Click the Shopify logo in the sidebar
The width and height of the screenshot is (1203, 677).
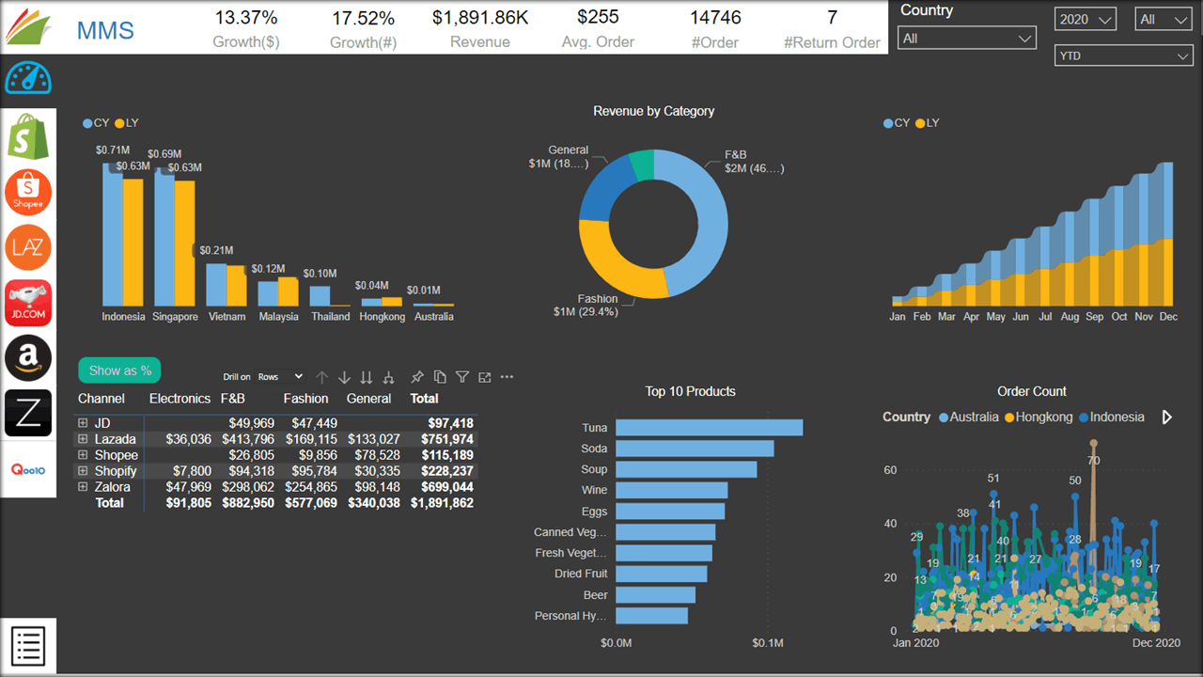28,136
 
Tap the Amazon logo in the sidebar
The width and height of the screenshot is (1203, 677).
28,358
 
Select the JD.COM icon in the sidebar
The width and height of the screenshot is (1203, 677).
28,303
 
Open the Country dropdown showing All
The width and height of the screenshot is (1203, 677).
967,39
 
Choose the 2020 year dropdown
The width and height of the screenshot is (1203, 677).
1085,19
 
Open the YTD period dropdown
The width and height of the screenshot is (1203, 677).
1123,55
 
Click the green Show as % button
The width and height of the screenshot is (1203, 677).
119,370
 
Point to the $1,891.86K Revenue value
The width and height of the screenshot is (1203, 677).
479,18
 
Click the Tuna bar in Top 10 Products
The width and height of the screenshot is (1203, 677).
709,428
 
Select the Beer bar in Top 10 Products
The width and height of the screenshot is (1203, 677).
655,595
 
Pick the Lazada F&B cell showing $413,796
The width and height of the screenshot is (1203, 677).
248,439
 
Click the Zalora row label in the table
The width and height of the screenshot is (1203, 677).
112,487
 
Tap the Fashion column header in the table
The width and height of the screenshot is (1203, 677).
305,399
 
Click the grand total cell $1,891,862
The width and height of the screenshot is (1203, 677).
442,503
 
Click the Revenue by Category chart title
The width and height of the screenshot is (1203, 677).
653,111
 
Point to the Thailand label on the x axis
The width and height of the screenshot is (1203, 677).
331,317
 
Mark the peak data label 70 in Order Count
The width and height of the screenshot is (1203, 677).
1093,460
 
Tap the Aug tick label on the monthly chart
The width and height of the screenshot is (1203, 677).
1070,317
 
